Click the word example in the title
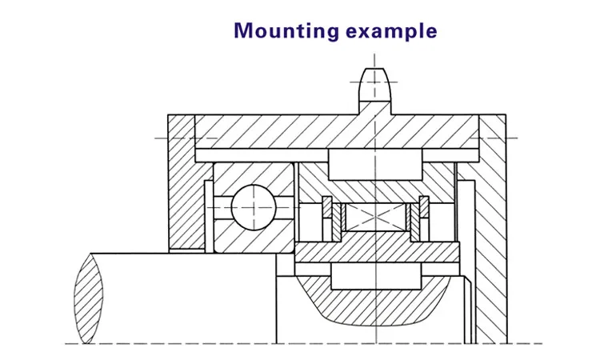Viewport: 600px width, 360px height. (x=391, y=32)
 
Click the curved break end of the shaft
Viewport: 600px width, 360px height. (x=89, y=297)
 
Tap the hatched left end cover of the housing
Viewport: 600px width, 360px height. (x=183, y=184)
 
